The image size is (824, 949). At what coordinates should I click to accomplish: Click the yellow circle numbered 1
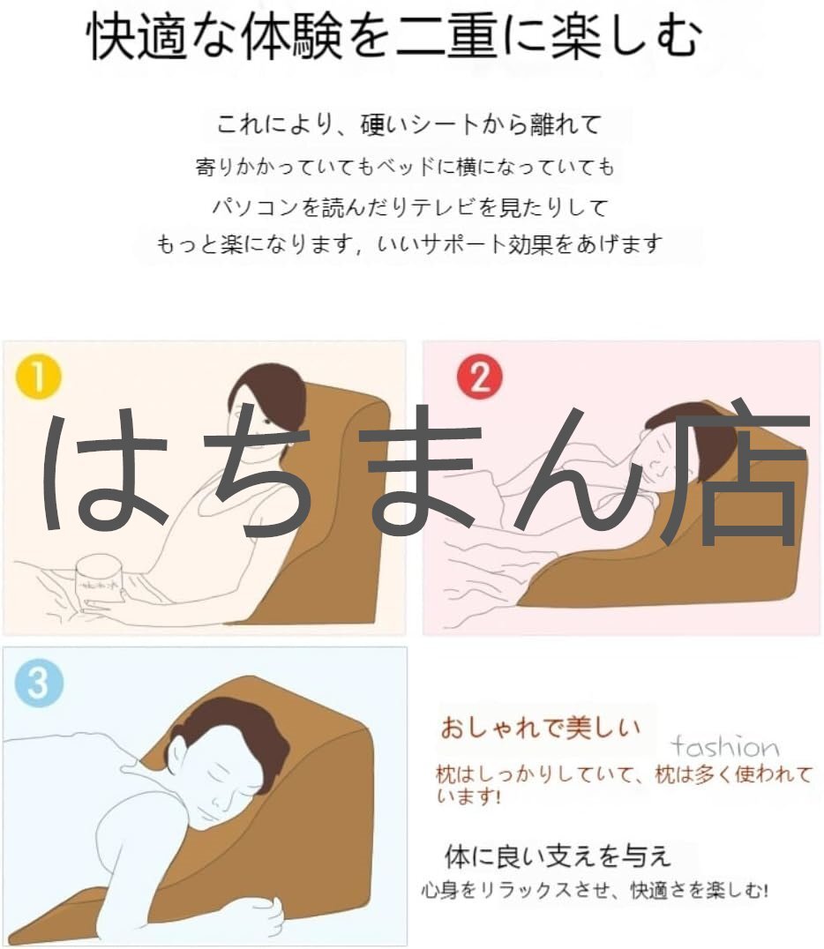click(38, 377)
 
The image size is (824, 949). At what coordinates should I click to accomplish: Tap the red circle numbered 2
click(480, 377)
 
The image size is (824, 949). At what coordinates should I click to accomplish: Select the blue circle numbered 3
click(38, 684)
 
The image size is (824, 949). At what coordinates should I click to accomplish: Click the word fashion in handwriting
click(724, 747)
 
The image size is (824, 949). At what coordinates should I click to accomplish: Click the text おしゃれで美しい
click(540, 728)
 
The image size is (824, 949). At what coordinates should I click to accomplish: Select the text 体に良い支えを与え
click(558, 856)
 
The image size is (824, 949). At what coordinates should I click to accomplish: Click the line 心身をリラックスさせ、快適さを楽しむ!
click(596, 890)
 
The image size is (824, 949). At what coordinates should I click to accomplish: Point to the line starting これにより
click(408, 124)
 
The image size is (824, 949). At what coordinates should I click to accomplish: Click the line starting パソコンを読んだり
click(410, 207)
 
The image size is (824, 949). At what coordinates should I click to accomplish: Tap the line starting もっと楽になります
click(410, 244)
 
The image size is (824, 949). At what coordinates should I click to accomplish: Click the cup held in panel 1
click(99, 581)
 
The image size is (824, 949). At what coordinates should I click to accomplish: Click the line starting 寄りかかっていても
click(405, 167)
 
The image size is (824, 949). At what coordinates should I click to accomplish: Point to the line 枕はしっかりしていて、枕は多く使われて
click(625, 774)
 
